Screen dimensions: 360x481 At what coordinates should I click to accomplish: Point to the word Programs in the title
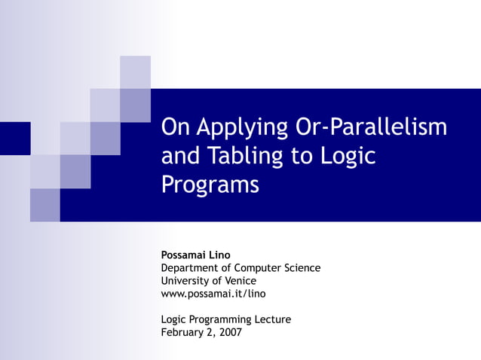pos(210,185)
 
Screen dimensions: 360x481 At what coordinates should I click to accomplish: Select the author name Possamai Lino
pos(195,255)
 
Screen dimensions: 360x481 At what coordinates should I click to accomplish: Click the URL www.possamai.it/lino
pos(213,293)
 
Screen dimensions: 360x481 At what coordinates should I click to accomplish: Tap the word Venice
pos(240,280)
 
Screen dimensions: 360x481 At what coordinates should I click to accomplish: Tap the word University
pos(184,280)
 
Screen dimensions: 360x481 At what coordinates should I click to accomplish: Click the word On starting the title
pos(176,127)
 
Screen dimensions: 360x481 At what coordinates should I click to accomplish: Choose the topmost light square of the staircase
pos(135,72)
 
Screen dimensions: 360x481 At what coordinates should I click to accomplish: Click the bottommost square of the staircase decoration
pos(44,205)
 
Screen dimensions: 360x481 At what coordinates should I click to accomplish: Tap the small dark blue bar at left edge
pos(15,138)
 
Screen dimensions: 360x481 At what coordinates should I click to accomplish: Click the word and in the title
pos(177,156)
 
